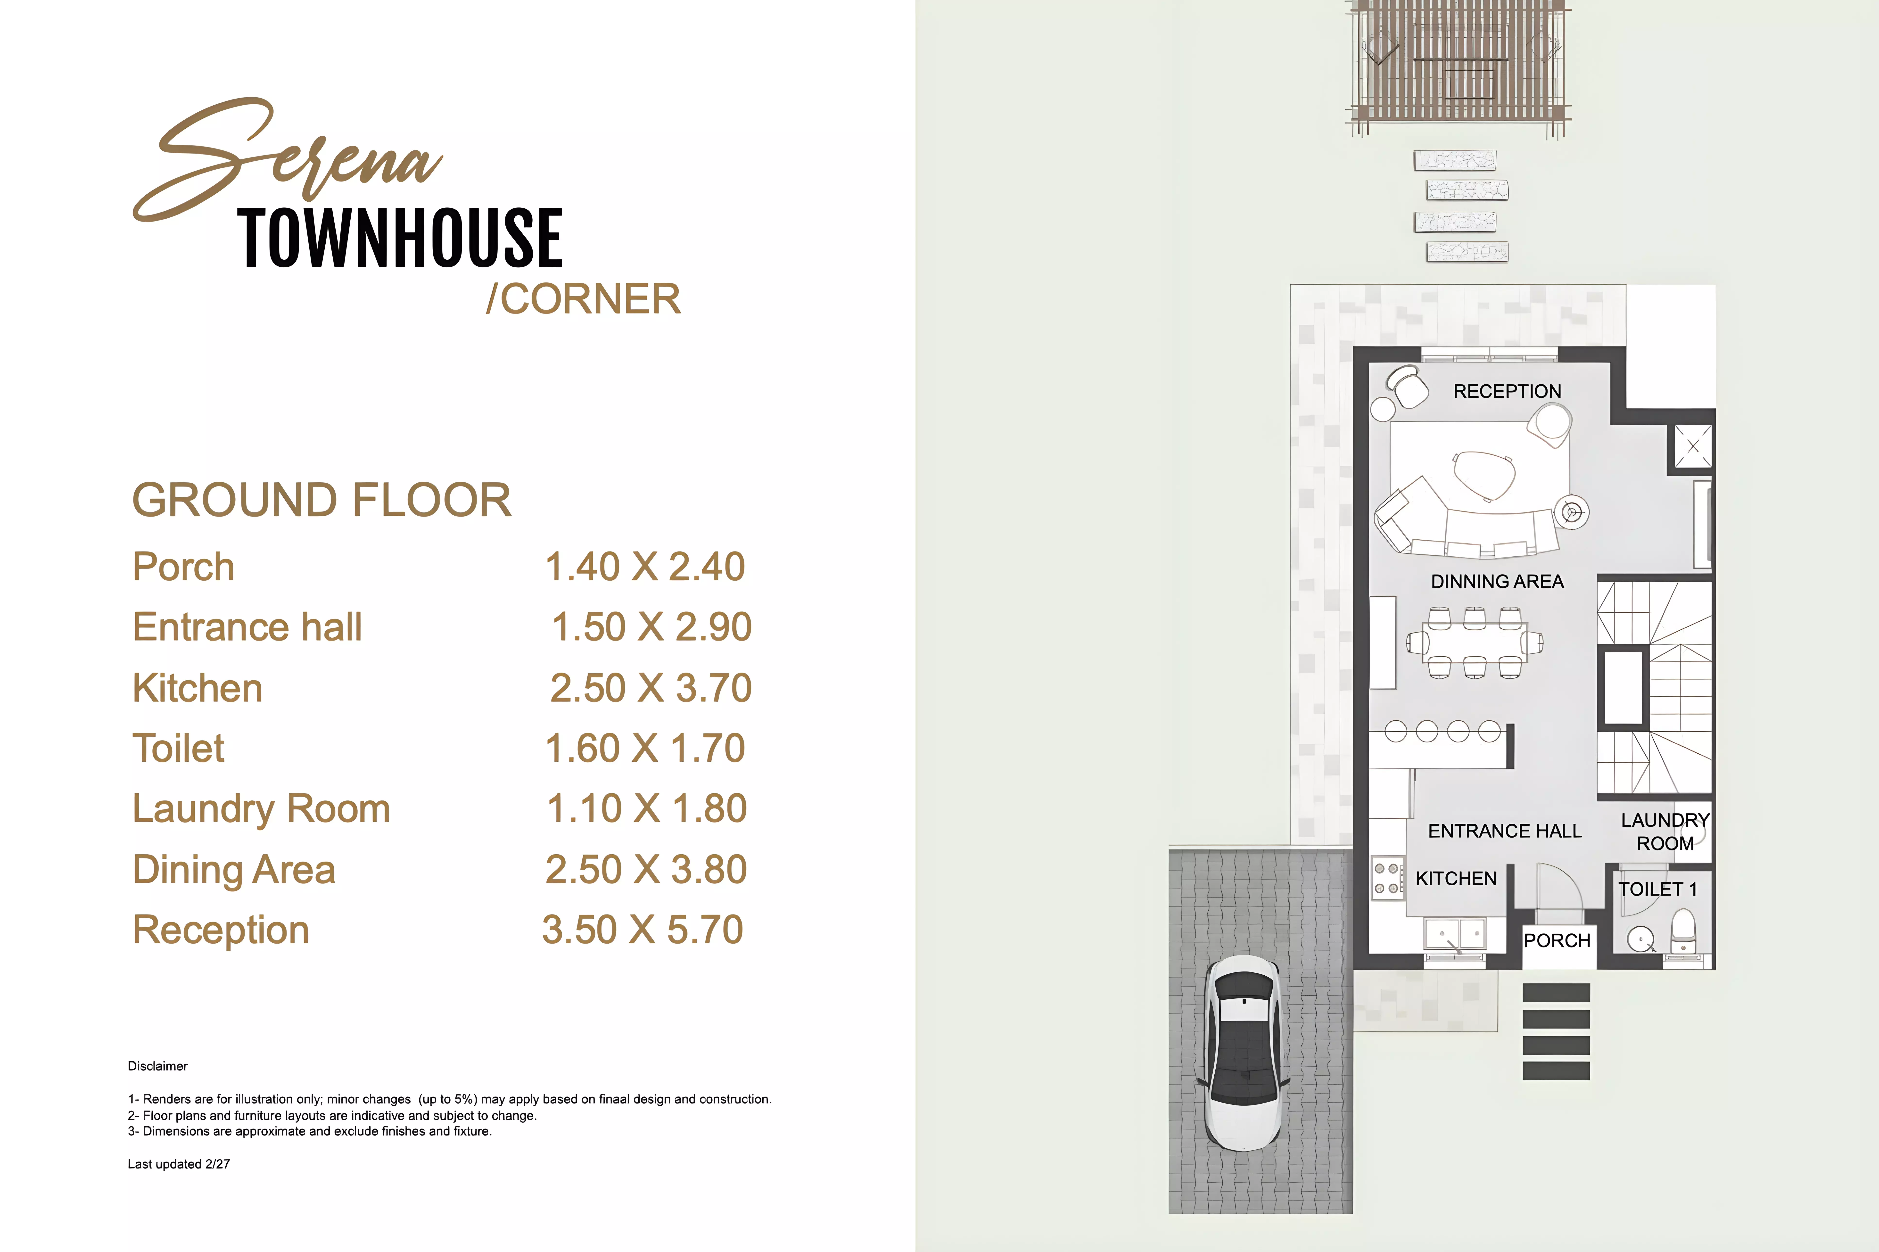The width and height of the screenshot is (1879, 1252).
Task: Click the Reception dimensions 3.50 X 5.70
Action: [x=643, y=930]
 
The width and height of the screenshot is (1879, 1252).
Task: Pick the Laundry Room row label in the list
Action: [x=261, y=809]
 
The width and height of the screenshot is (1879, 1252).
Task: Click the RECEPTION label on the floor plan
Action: [x=1507, y=391]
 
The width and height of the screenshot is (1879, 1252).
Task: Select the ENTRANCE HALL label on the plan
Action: [x=1504, y=831]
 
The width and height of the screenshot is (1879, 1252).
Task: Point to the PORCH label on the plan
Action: [x=1556, y=941]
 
